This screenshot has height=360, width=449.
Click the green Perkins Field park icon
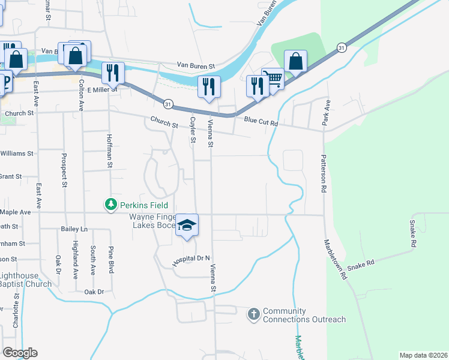(x=110, y=205)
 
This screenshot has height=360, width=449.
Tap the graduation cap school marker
(x=187, y=225)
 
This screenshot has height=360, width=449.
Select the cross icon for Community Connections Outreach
(x=254, y=313)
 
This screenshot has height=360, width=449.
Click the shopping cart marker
(x=273, y=79)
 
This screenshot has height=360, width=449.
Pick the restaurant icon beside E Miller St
(x=113, y=73)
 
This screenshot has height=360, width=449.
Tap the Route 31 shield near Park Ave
(x=342, y=47)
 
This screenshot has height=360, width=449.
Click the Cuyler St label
(x=193, y=130)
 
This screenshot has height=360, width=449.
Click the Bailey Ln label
(x=74, y=229)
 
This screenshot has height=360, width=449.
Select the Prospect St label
(x=63, y=170)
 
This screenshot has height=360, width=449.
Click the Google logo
(x=20, y=353)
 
